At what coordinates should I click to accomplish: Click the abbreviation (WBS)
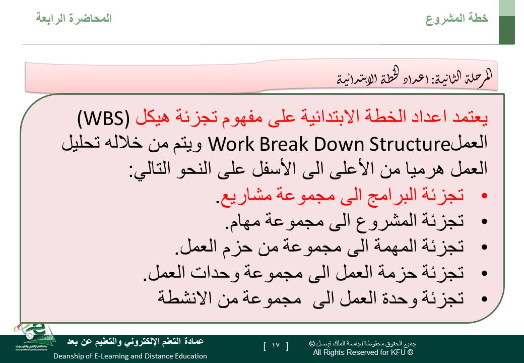point(103,117)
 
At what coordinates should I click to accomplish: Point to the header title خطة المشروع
point(457,18)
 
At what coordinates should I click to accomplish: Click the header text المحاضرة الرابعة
point(74,18)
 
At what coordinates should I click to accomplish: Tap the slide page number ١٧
point(276,346)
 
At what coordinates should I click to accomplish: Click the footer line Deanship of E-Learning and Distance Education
point(130,356)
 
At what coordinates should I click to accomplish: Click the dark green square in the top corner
point(507,30)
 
